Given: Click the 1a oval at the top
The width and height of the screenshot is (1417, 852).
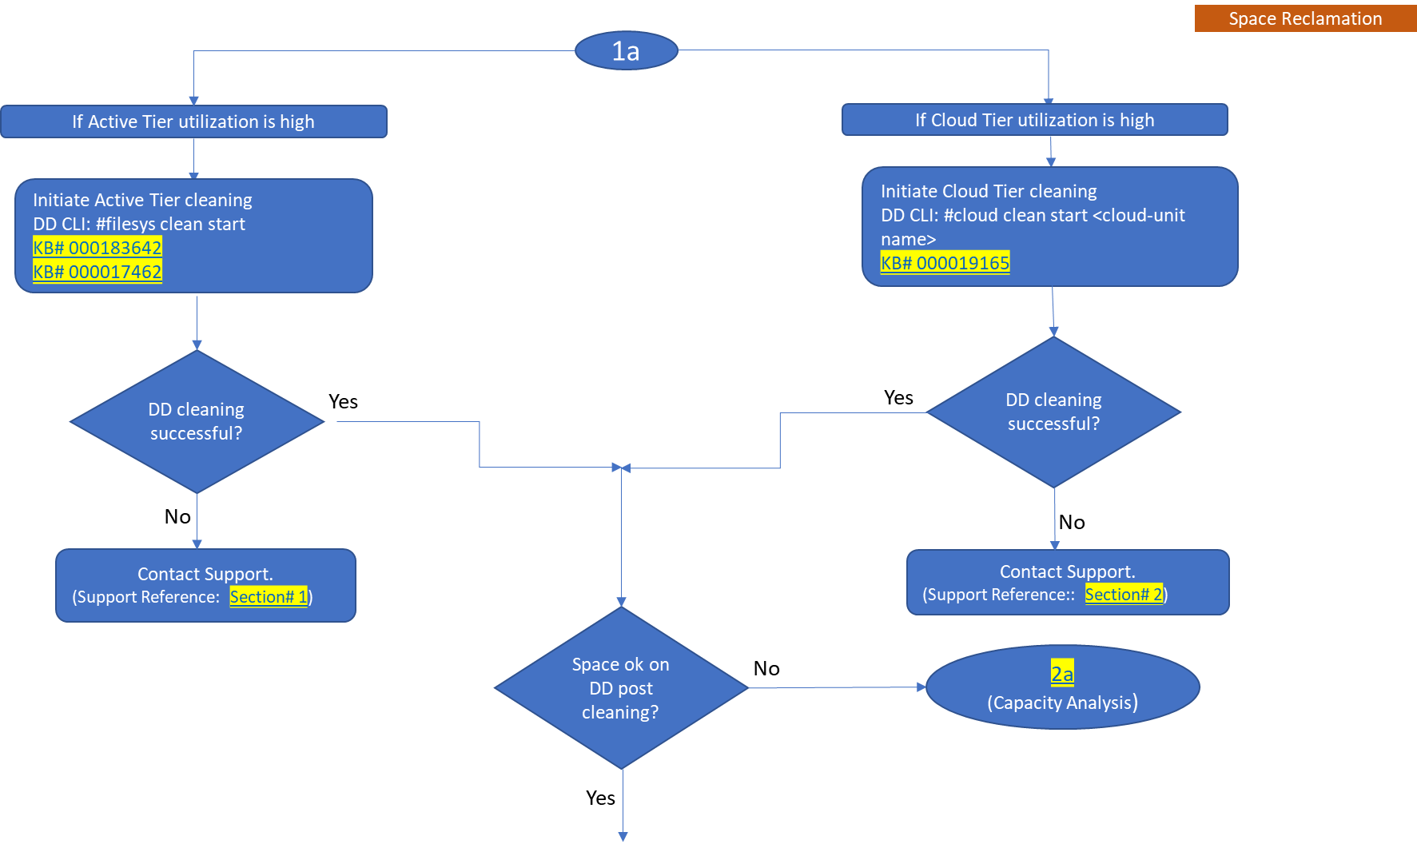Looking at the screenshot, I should tap(626, 51).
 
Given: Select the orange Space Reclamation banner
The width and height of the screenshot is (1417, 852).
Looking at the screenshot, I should tap(1304, 18).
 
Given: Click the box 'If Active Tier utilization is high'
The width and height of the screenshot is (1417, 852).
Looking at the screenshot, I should tap(193, 121).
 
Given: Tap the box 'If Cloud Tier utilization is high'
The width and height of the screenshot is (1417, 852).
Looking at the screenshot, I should tap(1034, 120).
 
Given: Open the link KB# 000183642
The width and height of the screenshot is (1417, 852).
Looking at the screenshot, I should tap(98, 248).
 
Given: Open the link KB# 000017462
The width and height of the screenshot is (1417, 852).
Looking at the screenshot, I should tap(98, 272).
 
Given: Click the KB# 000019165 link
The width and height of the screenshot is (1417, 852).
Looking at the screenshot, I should tap(945, 263).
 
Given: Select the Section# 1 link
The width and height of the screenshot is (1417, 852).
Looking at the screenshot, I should tap(269, 597).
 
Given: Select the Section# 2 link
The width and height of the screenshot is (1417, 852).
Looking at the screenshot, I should tap(1124, 595).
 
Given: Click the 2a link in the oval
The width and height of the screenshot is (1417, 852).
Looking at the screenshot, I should tap(1061, 674).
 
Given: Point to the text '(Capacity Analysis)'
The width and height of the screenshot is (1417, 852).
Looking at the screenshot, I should tap(1062, 703).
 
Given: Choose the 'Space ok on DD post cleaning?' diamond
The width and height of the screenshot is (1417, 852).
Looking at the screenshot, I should tap(621, 688).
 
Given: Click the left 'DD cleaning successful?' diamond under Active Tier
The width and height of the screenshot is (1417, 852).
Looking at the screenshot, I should tap(197, 421).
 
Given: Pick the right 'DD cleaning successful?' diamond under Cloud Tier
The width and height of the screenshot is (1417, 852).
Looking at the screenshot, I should tap(1053, 412).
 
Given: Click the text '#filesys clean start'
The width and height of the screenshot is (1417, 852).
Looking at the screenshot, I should tap(170, 224).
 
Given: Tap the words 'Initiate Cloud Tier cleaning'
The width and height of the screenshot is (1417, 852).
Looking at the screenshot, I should tap(989, 191).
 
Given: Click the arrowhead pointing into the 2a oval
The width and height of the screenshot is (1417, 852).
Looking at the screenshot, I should tap(921, 687).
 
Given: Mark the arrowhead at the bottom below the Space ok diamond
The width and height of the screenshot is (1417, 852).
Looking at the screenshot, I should tap(623, 837).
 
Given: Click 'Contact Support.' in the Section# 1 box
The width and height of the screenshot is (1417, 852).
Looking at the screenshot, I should tap(205, 574).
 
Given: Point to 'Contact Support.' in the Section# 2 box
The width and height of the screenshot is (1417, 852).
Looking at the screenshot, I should tap(1067, 571).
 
